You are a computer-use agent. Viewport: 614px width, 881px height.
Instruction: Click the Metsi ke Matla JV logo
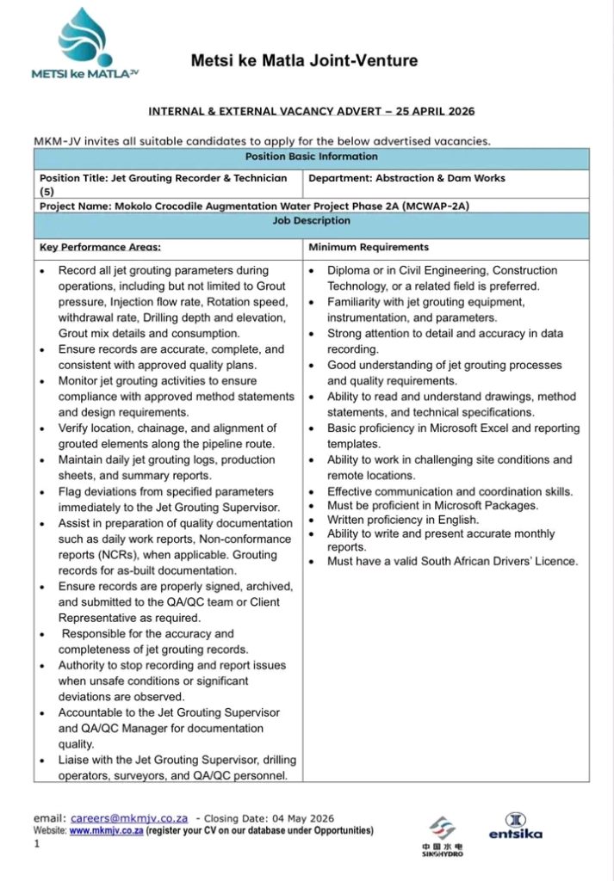[84, 45]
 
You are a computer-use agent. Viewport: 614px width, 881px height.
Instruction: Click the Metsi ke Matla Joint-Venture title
[304, 61]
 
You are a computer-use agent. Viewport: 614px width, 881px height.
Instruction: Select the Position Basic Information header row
[311, 157]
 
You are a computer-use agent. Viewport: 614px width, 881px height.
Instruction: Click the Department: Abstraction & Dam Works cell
[406, 178]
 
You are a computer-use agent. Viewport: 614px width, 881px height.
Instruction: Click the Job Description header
[311, 221]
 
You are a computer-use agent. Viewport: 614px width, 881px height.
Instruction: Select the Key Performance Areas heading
[100, 248]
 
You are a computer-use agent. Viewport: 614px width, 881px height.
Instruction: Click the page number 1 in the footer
[38, 844]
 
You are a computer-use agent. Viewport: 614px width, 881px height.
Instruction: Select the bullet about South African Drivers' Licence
[452, 562]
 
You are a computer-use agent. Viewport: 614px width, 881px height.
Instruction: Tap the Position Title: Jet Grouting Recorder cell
[164, 183]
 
